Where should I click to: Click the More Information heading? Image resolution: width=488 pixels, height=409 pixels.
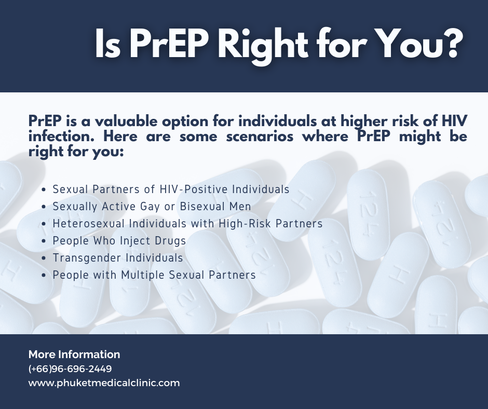[x=74, y=355]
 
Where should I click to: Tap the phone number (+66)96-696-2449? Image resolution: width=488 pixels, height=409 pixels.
[x=70, y=369]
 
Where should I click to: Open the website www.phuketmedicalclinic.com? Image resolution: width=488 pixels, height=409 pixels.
[x=104, y=384]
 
